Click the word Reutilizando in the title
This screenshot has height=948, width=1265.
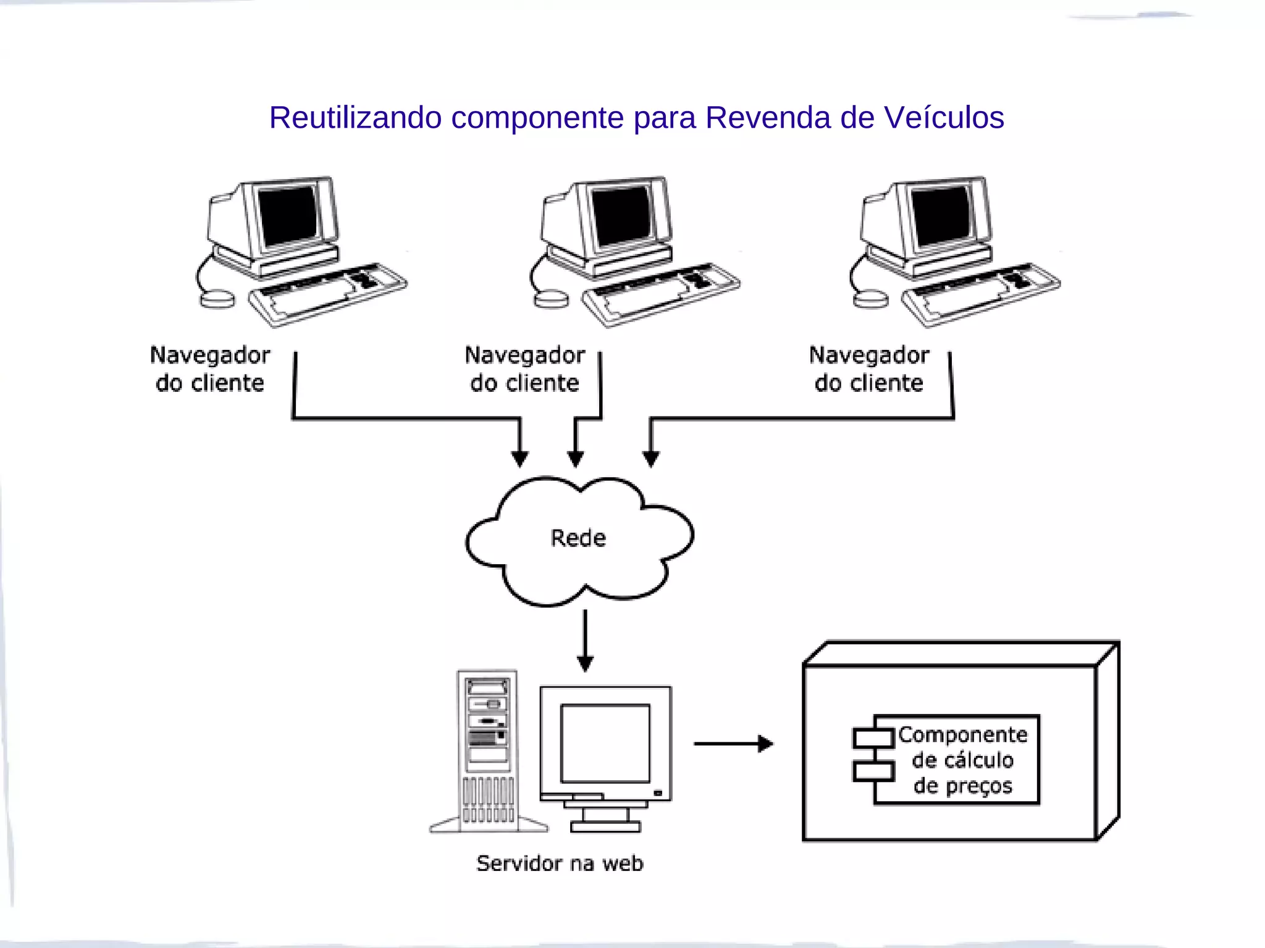(355, 117)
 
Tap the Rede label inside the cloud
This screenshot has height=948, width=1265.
(578, 538)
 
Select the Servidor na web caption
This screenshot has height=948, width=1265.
(560, 863)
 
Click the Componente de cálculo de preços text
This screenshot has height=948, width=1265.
(962, 760)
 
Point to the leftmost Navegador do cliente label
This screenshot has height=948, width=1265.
(210, 369)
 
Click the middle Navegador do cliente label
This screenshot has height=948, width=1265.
(524, 369)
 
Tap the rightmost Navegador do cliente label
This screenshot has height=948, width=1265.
(869, 369)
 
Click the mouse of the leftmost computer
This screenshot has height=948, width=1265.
(217, 299)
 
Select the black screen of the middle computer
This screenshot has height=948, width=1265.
(621, 216)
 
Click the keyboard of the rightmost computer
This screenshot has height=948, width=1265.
(981, 293)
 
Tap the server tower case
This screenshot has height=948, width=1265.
(487, 750)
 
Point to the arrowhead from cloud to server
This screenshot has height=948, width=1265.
(585, 664)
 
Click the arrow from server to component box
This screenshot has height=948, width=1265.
(733, 744)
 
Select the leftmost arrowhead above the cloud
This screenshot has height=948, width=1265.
(520, 459)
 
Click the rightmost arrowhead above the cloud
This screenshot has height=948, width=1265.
(650, 459)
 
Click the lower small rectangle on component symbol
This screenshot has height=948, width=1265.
(873, 771)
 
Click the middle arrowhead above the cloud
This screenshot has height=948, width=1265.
(576, 459)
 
